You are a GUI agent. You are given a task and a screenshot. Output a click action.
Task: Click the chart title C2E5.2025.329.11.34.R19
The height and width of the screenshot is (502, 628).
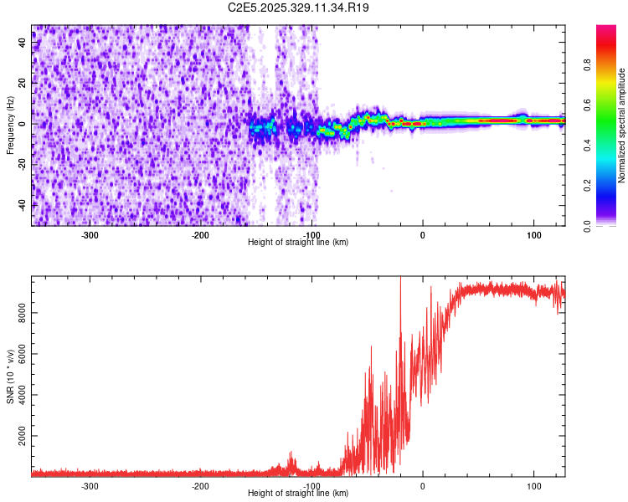(299, 8)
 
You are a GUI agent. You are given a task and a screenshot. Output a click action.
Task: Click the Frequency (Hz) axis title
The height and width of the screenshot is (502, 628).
(10, 125)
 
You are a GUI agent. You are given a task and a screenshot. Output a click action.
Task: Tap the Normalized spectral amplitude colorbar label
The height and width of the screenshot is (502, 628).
(622, 125)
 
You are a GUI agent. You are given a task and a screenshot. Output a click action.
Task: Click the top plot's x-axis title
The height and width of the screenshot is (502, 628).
(298, 242)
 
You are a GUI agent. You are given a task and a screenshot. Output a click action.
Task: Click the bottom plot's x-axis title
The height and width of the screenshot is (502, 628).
(298, 493)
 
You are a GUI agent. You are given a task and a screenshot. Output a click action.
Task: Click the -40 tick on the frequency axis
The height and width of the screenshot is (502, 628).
(23, 204)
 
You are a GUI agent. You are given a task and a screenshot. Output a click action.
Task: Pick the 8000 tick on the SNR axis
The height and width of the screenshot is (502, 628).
(18, 313)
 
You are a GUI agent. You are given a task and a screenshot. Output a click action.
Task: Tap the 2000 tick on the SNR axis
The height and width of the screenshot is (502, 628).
(18, 437)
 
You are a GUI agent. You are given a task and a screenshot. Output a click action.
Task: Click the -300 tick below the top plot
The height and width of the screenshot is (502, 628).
(90, 234)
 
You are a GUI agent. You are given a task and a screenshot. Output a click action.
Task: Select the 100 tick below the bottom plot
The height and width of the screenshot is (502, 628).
(533, 485)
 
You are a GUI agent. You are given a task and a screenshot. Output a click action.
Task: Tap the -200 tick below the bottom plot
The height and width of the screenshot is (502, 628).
(200, 485)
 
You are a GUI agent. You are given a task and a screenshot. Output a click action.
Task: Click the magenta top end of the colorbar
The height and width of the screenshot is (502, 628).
(605, 28)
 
